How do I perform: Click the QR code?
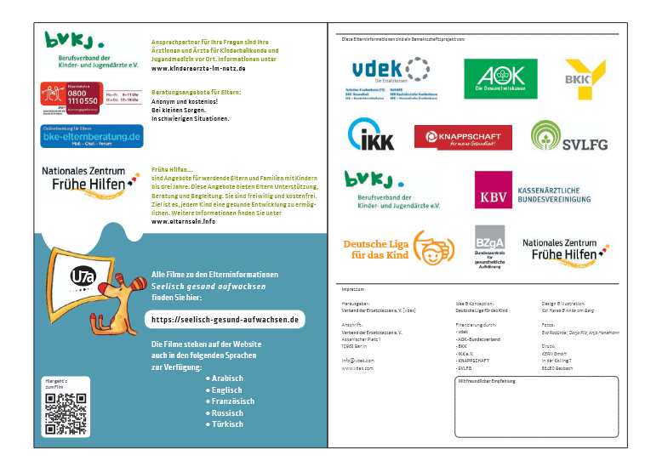tap(66, 414)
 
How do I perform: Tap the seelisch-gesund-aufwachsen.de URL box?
tap(224, 319)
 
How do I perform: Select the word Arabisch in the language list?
tap(226, 378)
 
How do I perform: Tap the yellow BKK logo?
tap(585, 77)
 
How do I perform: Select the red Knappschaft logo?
tap(463, 136)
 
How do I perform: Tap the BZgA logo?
tap(489, 247)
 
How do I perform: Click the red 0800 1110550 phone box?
tap(71, 100)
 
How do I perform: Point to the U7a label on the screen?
tap(83, 278)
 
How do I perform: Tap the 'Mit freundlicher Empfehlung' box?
tap(537, 406)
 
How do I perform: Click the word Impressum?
tap(352, 289)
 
